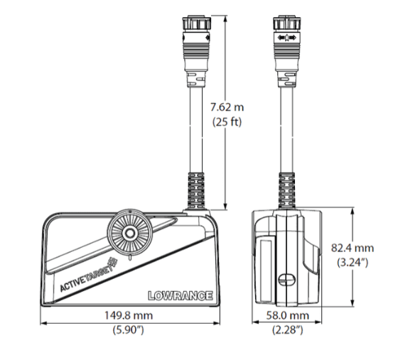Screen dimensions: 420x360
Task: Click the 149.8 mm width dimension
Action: pos(129,315)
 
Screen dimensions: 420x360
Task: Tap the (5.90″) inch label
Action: pos(129,329)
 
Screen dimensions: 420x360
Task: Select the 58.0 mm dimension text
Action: pos(287,315)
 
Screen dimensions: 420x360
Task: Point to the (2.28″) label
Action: pos(287,329)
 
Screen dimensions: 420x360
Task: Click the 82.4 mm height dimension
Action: pos(352,248)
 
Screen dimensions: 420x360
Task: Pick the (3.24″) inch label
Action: pos(352,262)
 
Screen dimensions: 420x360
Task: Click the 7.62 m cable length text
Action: pos(227,107)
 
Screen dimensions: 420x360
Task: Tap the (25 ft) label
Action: pos(227,122)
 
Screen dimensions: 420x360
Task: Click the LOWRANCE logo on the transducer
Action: pos(181,296)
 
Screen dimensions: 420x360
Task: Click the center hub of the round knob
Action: pos(130,233)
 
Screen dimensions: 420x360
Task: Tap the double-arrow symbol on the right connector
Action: pos(287,38)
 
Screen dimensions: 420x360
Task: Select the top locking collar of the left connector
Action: pos(197,23)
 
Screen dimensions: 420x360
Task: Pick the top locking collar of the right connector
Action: pos(287,23)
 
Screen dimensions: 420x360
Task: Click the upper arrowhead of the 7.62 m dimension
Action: pos(225,19)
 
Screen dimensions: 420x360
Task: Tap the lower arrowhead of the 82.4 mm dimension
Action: pos(352,302)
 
